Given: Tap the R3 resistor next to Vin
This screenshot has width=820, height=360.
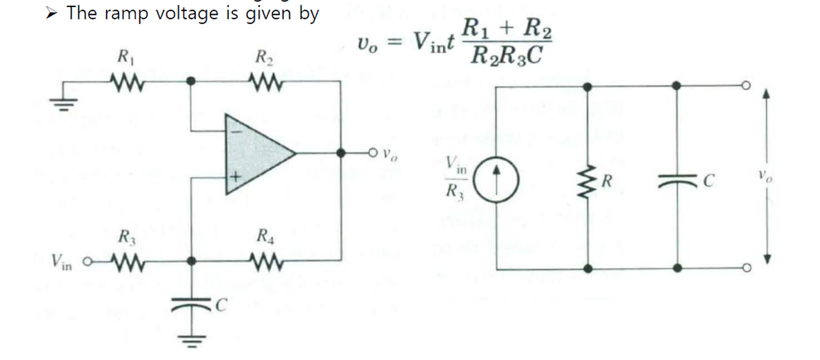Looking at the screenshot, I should pyautogui.click(x=126, y=261).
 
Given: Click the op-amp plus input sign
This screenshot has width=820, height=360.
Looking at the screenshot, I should pyautogui.click(x=235, y=177).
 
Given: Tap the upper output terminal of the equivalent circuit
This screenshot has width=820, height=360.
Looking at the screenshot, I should pyautogui.click(x=746, y=86).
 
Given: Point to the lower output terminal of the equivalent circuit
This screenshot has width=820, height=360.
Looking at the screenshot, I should pyautogui.click(x=746, y=269).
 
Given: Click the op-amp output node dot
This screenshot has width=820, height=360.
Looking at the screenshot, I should pyautogui.click(x=340, y=152).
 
